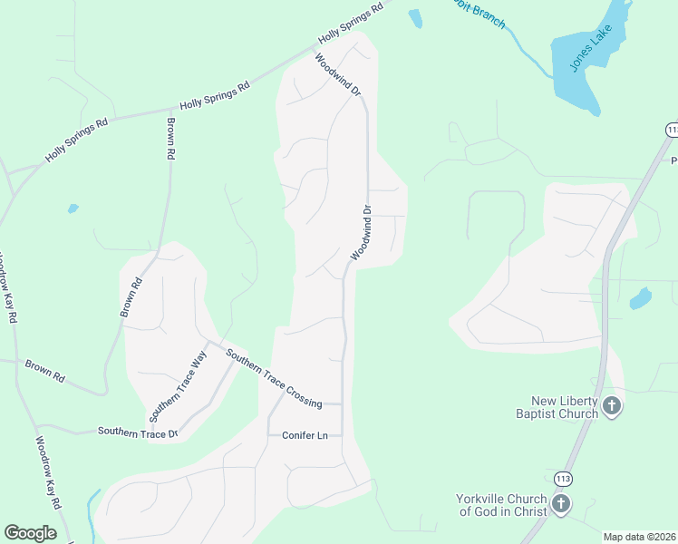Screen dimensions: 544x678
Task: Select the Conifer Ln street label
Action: (304, 435)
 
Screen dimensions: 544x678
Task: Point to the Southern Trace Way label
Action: (179, 386)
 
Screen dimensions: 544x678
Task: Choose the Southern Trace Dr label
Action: (138, 432)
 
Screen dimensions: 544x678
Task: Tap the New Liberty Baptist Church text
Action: (566, 407)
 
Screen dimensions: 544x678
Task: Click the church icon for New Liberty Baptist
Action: (613, 406)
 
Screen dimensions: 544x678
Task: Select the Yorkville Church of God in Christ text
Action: (502, 505)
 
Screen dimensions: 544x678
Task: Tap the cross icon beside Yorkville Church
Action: (561, 504)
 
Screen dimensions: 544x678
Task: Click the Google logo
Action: (30, 533)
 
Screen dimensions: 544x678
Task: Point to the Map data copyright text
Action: (640, 537)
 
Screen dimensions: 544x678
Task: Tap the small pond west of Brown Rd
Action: (73, 209)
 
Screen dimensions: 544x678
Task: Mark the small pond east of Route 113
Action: (641, 297)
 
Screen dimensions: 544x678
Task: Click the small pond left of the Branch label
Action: (415, 18)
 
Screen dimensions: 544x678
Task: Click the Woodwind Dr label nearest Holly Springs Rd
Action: (338, 75)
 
